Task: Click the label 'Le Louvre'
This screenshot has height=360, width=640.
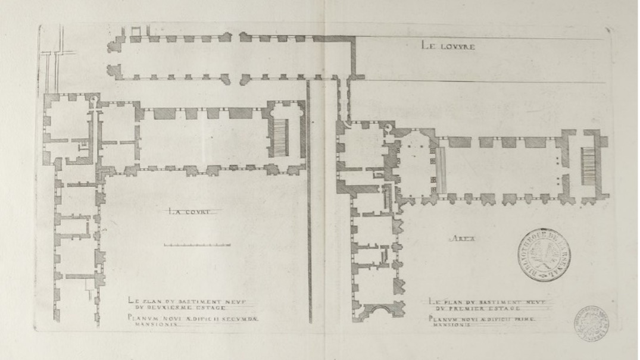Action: click(x=448, y=45)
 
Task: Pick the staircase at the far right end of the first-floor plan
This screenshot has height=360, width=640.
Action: click(x=588, y=164)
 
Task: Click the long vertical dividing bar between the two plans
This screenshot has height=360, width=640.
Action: click(x=309, y=196)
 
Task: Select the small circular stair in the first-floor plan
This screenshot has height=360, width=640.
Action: click(x=388, y=127)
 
